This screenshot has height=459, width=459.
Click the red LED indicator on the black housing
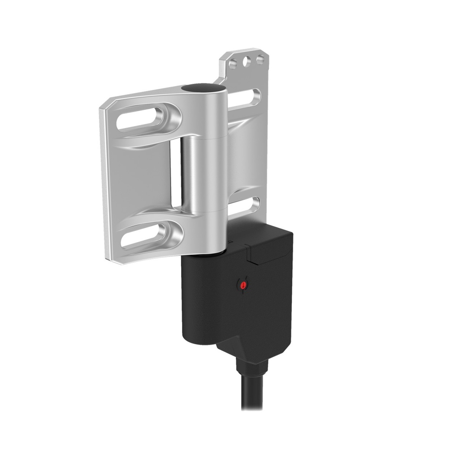click(242, 285)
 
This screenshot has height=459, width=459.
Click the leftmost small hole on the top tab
click(233, 63)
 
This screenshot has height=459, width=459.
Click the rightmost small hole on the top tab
click(260, 59)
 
